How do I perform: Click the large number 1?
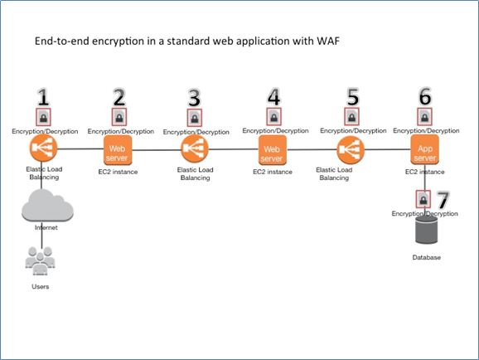42,96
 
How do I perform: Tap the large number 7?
443,199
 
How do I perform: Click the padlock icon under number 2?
119,117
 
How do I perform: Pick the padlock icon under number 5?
352,117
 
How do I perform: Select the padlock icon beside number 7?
423,200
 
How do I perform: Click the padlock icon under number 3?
196,118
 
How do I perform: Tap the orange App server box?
424,151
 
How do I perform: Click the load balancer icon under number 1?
42,151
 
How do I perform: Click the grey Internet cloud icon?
42,204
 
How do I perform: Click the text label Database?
426,258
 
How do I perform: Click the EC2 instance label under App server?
424,172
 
